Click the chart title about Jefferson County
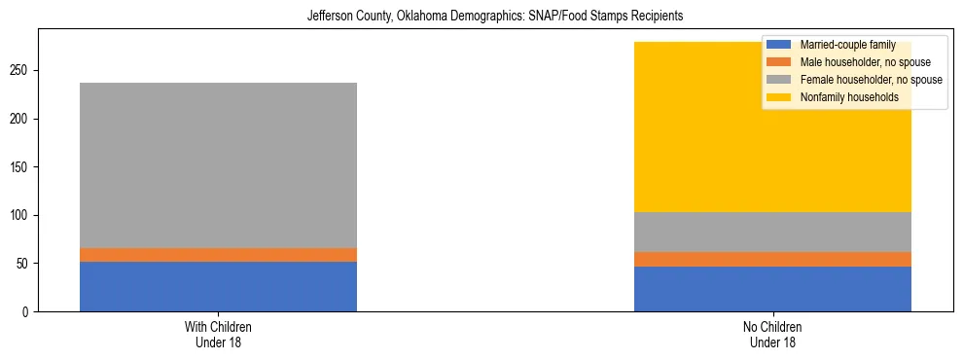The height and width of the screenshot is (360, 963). (481, 17)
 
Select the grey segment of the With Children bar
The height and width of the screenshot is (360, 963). (218, 165)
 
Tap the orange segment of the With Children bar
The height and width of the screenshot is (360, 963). (218, 255)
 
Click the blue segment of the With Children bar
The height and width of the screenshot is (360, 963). (218, 286)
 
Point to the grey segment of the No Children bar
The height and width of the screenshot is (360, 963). (772, 232)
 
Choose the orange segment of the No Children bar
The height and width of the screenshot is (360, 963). (772, 259)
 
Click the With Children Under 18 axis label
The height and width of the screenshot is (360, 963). (218, 334)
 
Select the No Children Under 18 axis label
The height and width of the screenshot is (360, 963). (772, 334)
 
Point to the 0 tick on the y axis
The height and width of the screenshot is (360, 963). (27, 311)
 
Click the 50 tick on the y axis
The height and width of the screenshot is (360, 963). (24, 264)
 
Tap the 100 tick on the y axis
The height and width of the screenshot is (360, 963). (21, 215)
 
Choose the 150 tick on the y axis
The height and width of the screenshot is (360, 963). (21, 167)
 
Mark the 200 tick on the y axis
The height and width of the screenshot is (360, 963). (21, 119)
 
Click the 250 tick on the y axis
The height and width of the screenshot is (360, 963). (21, 71)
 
